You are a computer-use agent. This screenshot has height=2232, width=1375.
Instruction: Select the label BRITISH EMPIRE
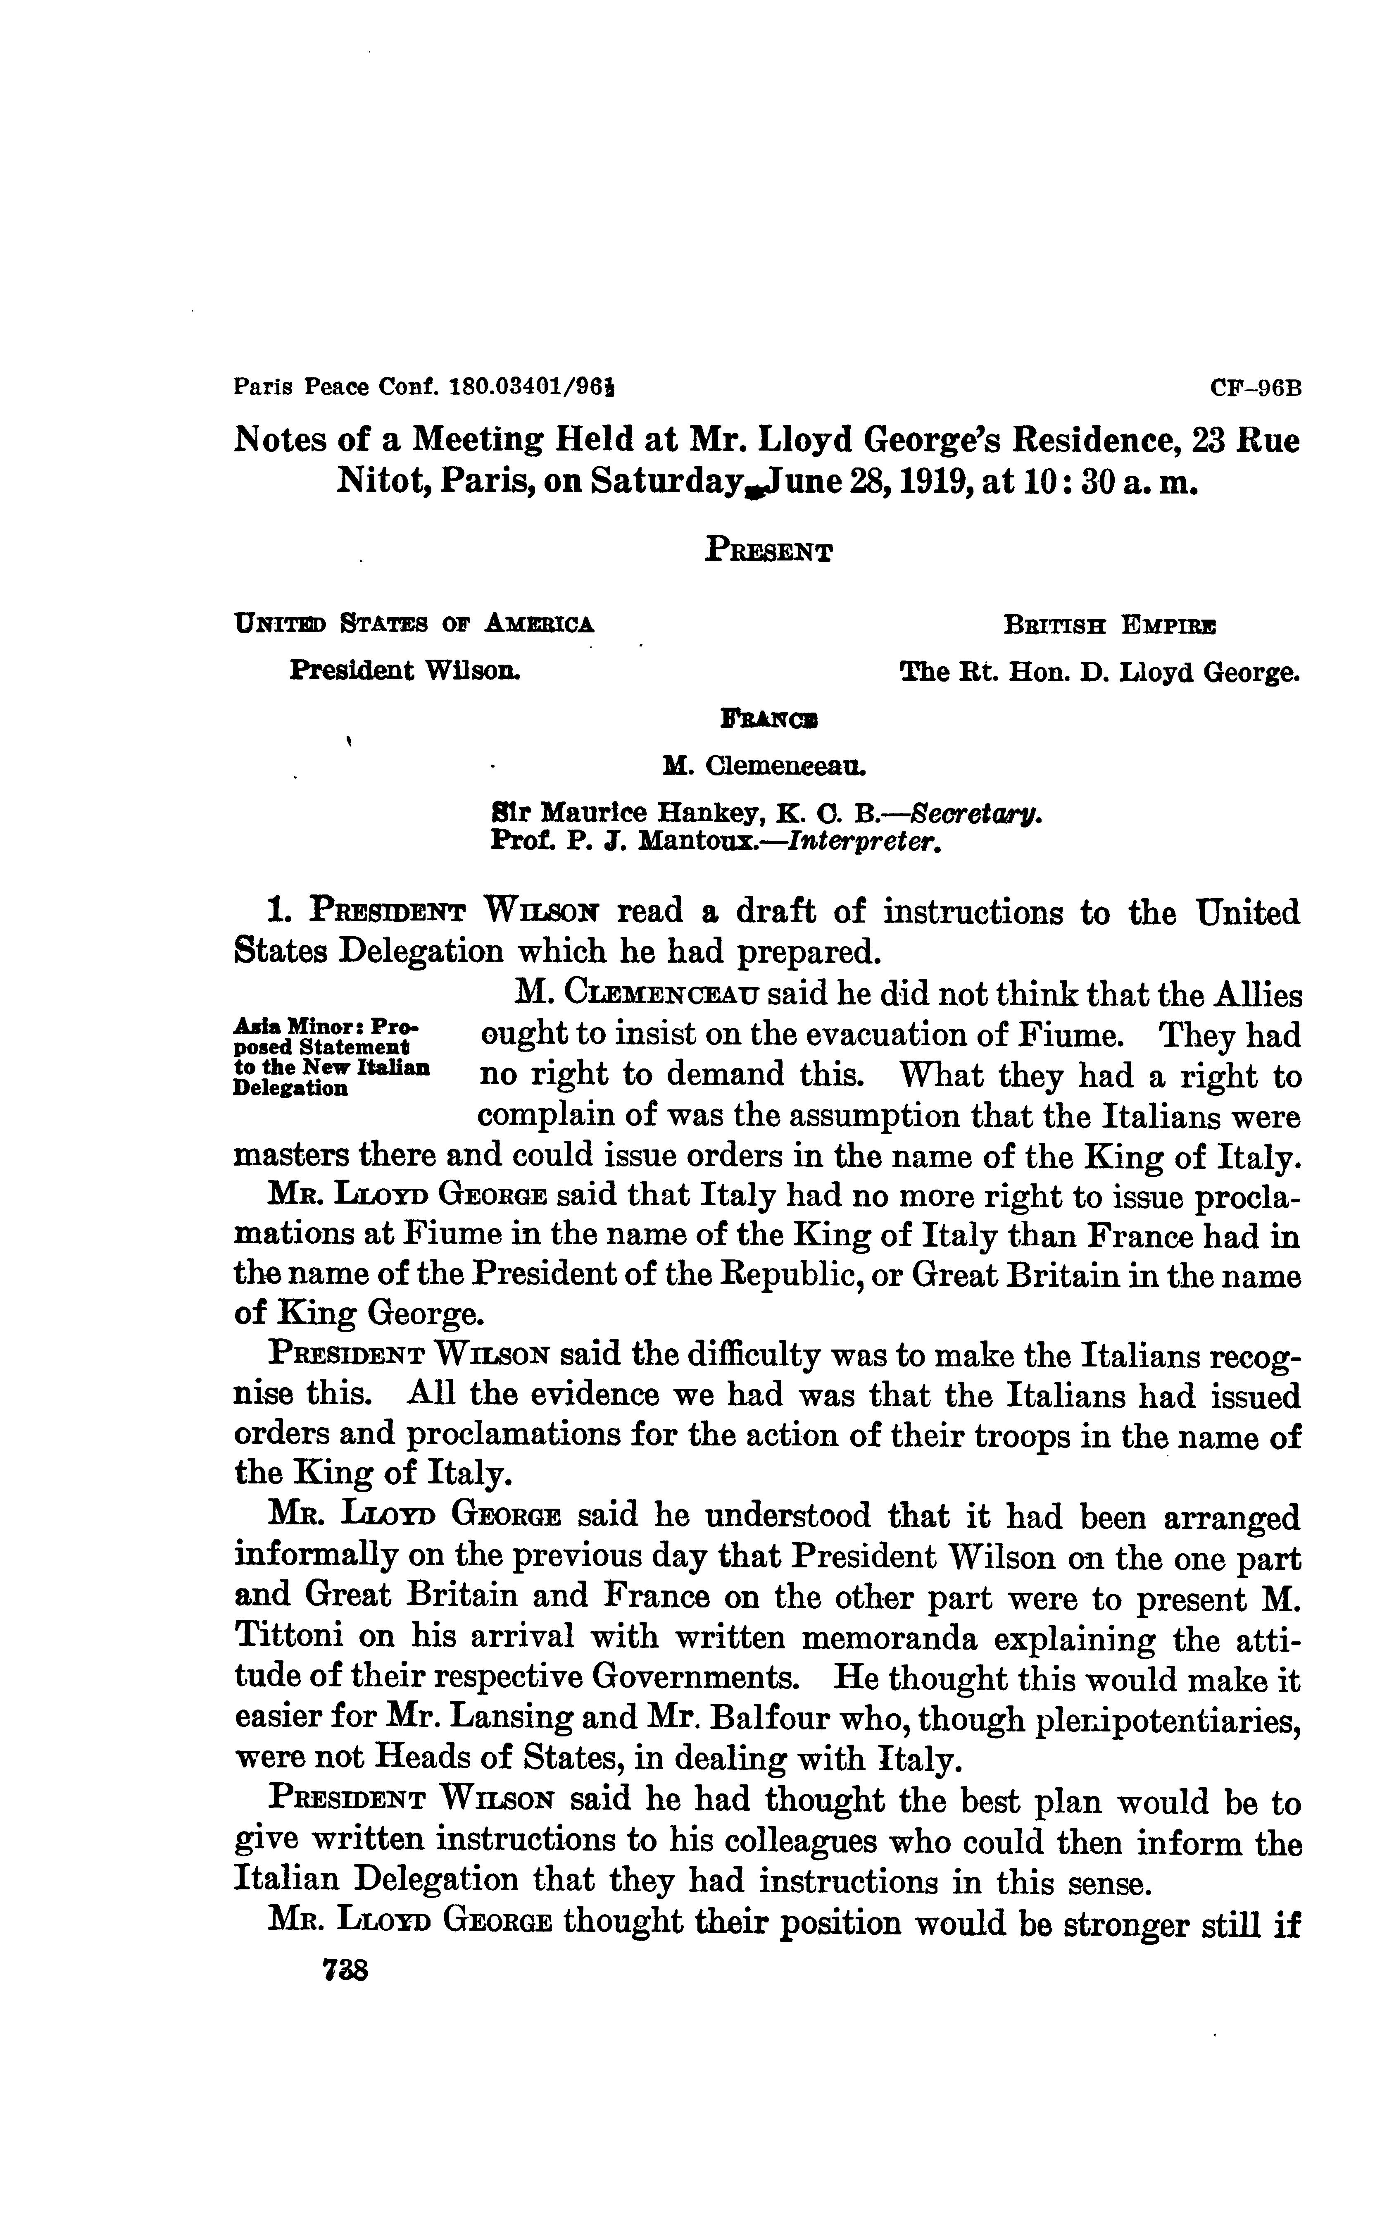tap(1109, 626)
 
